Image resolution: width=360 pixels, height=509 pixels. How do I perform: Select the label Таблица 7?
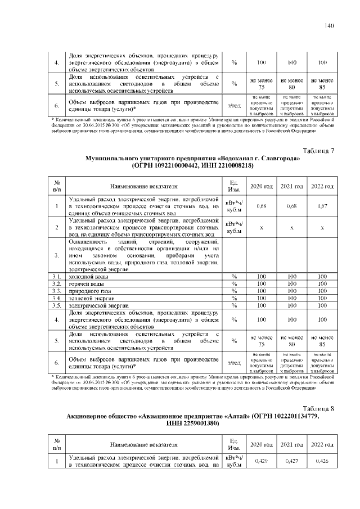click(319, 151)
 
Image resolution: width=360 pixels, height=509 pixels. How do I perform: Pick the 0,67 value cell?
click(322, 206)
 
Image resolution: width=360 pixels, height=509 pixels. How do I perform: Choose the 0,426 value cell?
click(322, 461)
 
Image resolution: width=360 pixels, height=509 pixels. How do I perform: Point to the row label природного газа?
click(87, 291)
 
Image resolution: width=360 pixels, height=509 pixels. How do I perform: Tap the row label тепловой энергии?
click(89, 298)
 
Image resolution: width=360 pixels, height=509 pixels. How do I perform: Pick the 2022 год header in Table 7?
click(322, 186)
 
